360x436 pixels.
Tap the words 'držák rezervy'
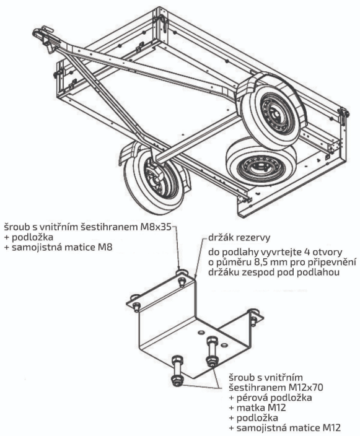coord(239,238)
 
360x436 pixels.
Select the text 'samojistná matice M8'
coord(62,248)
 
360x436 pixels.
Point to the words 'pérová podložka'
coord(274,398)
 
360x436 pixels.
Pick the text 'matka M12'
coord(261,408)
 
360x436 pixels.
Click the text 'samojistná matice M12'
coord(289,428)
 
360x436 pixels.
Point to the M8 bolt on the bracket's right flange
coord(253,318)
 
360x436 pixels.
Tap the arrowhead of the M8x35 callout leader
coord(179,268)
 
